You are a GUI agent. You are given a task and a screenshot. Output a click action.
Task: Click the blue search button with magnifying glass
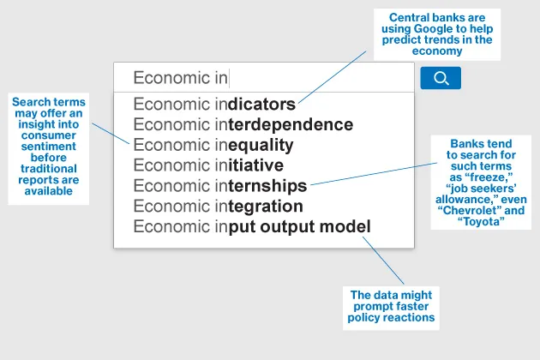(441, 78)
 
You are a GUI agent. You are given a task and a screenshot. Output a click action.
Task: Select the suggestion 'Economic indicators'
(214, 105)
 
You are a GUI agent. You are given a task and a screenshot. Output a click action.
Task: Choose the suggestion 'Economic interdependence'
(243, 125)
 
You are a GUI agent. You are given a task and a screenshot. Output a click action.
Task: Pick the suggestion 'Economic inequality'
(213, 145)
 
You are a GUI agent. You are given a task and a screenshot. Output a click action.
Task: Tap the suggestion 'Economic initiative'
(207, 165)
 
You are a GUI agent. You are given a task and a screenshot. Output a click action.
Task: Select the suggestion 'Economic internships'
(219, 186)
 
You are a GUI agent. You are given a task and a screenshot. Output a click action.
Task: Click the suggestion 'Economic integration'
(218, 207)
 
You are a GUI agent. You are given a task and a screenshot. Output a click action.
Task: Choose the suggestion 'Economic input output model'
(251, 227)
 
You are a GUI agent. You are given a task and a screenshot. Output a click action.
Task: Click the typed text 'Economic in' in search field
(180, 78)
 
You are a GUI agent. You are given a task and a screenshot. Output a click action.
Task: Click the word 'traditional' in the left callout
(48, 169)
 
